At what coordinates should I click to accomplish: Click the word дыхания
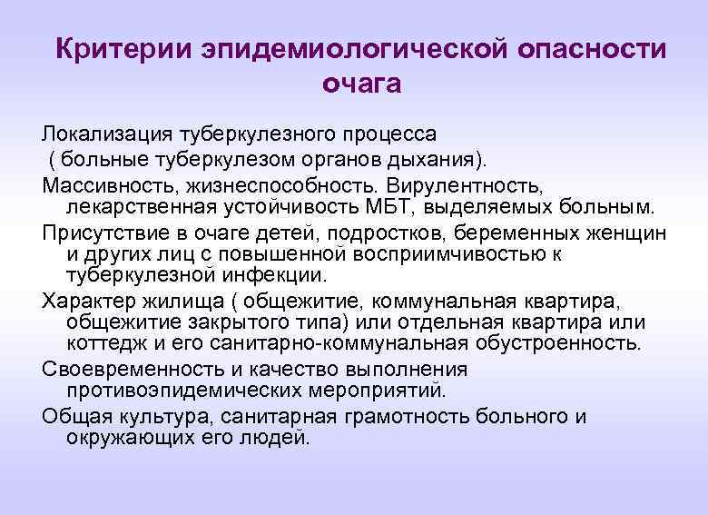(439, 160)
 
